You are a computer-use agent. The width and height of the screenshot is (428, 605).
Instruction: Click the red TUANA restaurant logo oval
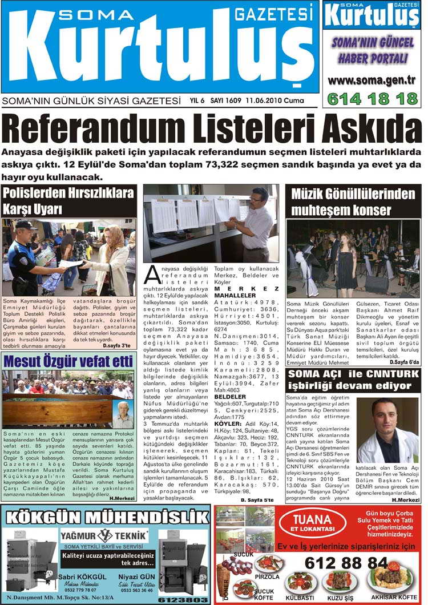(312, 522)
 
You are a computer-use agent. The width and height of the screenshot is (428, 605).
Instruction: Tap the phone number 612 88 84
(346, 562)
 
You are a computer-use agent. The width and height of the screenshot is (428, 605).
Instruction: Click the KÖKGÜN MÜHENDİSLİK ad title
(106, 518)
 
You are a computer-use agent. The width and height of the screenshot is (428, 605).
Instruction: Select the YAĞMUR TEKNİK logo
(104, 536)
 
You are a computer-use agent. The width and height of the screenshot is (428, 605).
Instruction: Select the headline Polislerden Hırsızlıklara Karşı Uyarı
(68, 201)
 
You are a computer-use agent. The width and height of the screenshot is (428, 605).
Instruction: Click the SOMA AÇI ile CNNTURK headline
(353, 381)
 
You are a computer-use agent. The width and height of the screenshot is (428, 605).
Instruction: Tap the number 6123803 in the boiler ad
(183, 599)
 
